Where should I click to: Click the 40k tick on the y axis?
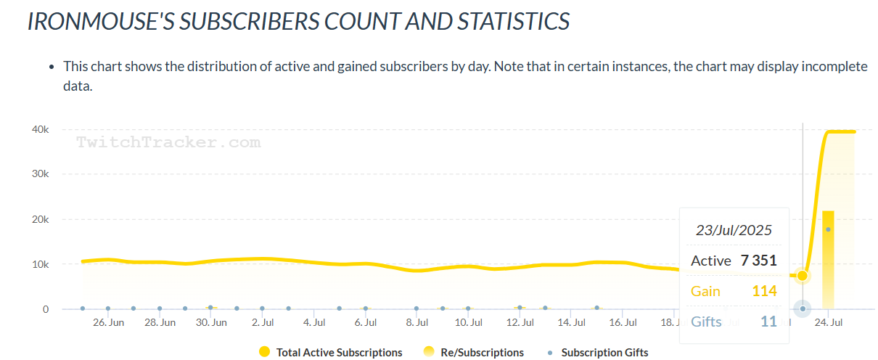coord(39,129)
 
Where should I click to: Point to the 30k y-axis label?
coord(39,174)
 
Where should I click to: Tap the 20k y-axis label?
coord(39,219)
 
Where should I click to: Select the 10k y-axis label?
coord(39,264)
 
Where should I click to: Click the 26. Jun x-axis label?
coord(108,322)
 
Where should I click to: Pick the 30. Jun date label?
coord(211,322)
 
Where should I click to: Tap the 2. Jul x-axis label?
coord(262,322)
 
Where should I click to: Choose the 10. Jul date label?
coord(468,322)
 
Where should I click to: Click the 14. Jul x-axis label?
coord(571,322)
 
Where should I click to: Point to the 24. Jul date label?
coord(828,322)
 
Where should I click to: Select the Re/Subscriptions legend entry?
coord(475,353)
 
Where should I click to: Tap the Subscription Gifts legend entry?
coord(604,353)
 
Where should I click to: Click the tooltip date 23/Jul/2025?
coord(734,231)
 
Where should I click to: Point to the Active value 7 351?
coord(758,261)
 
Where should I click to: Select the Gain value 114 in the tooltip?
coord(764,291)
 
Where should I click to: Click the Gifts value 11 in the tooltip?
coord(768,321)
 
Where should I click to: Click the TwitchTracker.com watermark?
coord(168,142)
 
